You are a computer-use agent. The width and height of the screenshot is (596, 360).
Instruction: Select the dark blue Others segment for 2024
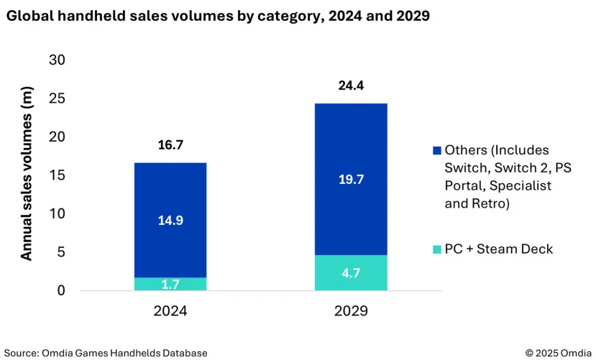click(170, 194)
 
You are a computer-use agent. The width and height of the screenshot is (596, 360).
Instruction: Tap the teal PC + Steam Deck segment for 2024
click(170, 284)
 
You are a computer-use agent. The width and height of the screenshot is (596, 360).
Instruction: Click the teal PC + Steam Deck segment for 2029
click(351, 272)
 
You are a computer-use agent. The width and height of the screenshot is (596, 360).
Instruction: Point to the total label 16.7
click(170, 146)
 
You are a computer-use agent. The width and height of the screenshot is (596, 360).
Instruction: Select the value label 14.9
click(170, 221)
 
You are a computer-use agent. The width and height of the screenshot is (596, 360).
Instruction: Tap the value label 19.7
click(351, 180)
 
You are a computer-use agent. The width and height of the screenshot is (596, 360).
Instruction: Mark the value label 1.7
click(170, 285)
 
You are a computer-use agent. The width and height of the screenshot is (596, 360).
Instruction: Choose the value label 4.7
click(351, 273)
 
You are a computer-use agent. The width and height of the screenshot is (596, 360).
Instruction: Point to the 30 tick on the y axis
click(57, 60)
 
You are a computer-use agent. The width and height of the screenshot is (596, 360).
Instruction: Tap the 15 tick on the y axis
click(57, 175)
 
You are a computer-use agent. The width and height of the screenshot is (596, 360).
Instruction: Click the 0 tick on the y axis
click(61, 290)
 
